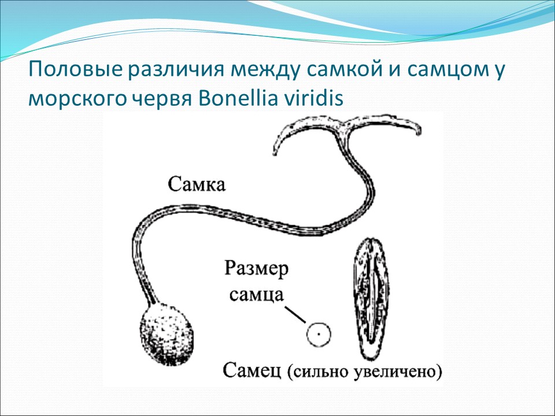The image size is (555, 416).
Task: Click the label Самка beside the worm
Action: click(197, 185)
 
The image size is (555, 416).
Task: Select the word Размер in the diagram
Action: click(256, 270)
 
